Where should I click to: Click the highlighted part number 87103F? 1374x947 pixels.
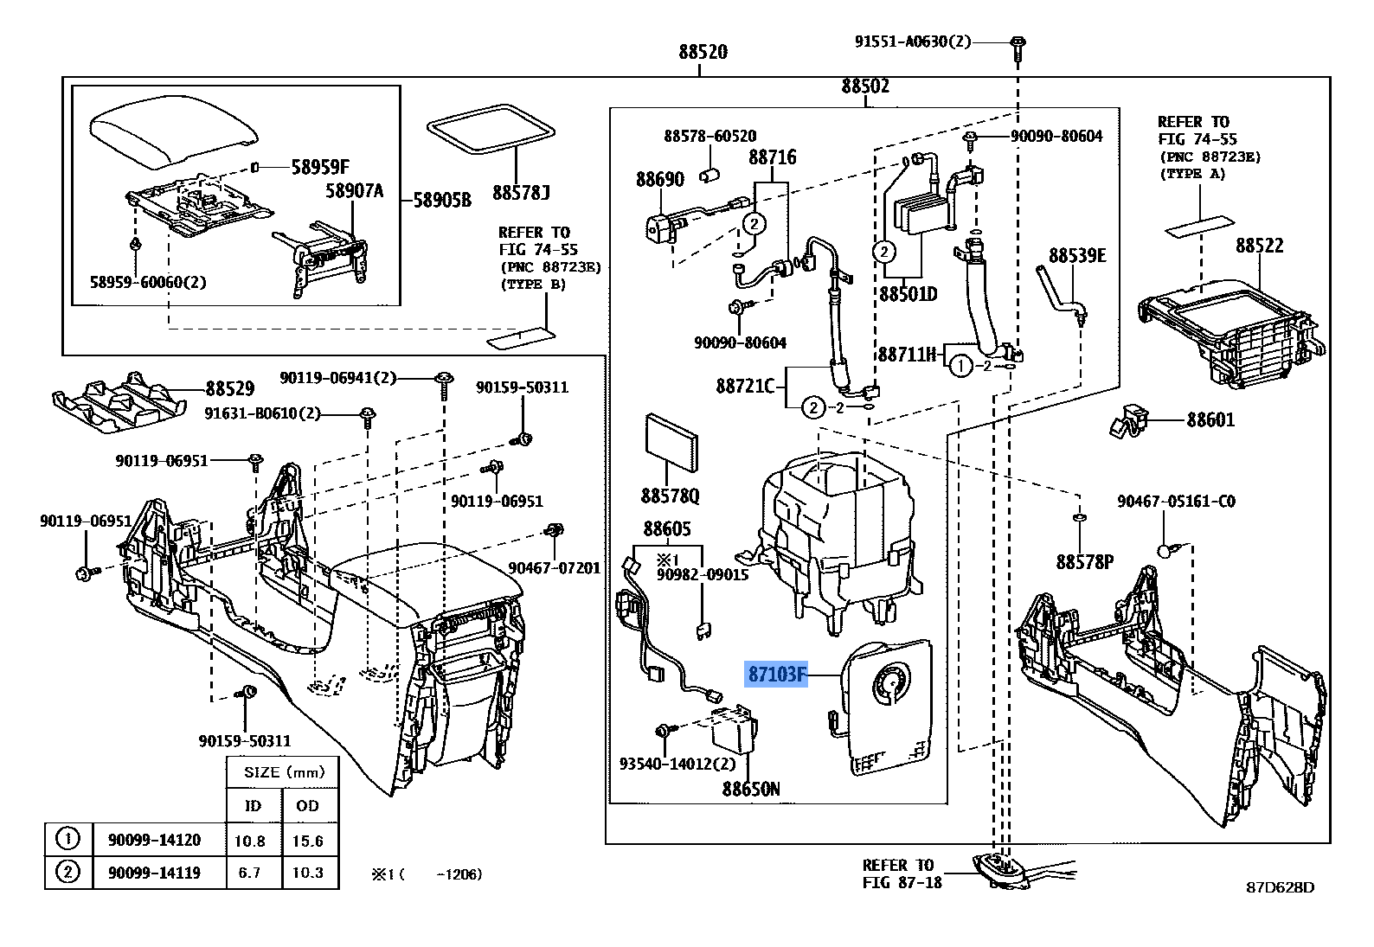click(x=776, y=674)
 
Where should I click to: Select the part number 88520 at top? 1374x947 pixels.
click(x=703, y=51)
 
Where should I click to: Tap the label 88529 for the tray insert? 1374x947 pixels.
click(x=229, y=389)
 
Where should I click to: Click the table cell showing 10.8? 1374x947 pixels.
click(x=249, y=841)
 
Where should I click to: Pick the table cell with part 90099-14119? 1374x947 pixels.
click(x=154, y=873)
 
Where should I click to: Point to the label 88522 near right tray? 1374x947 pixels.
click(x=1259, y=245)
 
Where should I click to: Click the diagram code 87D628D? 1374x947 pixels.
click(x=1280, y=887)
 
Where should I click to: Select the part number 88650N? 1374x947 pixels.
click(x=751, y=789)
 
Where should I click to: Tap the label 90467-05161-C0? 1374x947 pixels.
click(x=1176, y=501)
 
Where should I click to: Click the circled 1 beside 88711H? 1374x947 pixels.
click(x=959, y=367)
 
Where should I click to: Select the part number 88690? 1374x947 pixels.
click(x=659, y=179)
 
